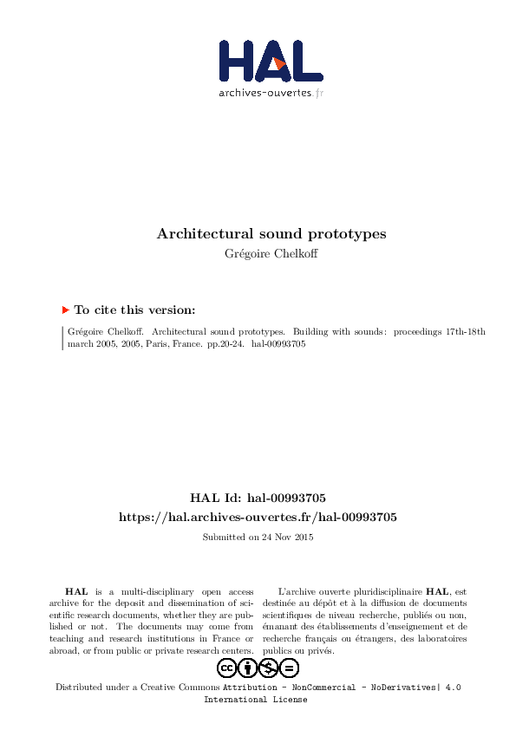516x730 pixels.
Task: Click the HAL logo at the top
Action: (x=271, y=61)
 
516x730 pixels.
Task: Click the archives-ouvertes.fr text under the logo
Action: (x=271, y=93)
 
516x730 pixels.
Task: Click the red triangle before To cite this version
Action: (x=65, y=310)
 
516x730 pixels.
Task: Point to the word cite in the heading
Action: (x=106, y=310)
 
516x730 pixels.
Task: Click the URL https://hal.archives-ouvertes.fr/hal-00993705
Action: (x=258, y=518)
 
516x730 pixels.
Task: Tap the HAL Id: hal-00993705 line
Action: (x=258, y=499)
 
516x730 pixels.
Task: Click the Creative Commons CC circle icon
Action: (x=227, y=668)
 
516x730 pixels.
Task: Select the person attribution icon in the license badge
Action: (x=248, y=668)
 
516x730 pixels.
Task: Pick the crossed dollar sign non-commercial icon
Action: (x=269, y=668)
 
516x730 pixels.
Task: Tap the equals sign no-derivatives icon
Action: (x=290, y=668)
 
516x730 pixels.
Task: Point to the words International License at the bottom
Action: (x=255, y=700)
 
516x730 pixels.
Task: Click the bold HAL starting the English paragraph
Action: (x=75, y=590)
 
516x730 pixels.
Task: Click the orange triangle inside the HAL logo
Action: (x=279, y=62)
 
